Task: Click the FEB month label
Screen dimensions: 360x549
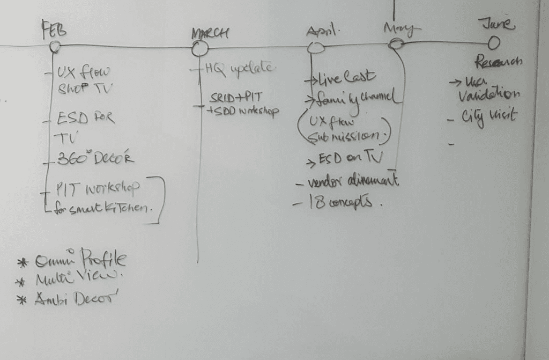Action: pyautogui.click(x=54, y=31)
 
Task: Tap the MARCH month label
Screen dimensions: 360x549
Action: pyautogui.click(x=210, y=33)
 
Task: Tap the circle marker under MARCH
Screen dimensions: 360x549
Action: pyautogui.click(x=199, y=49)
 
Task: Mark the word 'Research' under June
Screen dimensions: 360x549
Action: pyautogui.click(x=499, y=61)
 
